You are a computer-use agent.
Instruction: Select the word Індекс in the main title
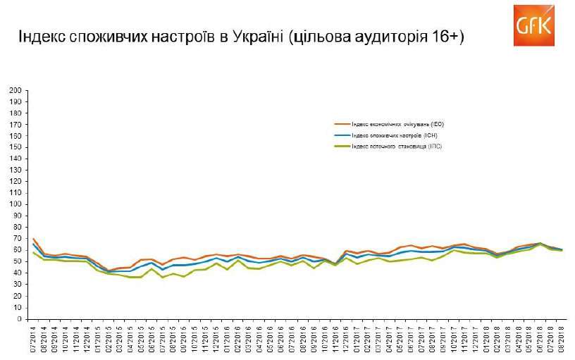click(x=40, y=37)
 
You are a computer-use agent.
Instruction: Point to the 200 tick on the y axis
click(x=15, y=90)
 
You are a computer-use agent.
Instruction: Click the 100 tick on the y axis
click(x=15, y=204)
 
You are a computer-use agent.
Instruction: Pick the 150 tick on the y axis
click(x=15, y=147)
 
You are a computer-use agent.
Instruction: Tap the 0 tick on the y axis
click(x=19, y=318)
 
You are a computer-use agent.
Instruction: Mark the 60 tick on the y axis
click(x=17, y=250)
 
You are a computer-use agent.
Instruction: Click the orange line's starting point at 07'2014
click(x=34, y=239)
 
